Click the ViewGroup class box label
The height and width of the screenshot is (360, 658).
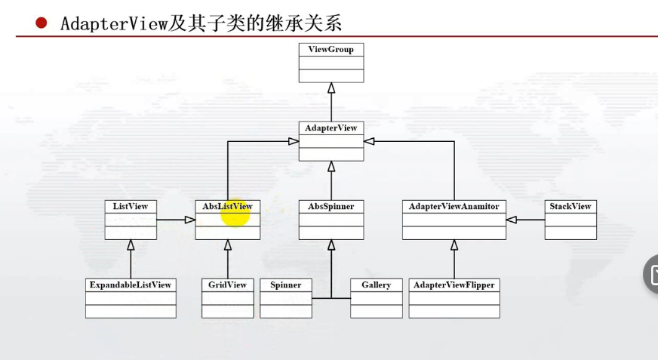331,49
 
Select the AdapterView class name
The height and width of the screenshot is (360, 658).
331,128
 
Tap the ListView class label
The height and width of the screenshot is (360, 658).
131,206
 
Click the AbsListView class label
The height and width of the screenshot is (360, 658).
227,206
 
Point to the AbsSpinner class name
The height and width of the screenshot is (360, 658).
331,206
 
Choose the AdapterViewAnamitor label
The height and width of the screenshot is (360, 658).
454,206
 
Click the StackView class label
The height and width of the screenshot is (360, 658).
570,206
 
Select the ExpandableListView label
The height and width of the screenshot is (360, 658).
131,285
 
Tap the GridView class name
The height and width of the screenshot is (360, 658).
227,285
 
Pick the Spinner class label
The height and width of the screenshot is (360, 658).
285,285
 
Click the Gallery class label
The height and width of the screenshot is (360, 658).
376,285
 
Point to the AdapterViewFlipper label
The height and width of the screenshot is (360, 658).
454,285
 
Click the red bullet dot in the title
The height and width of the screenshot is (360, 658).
42,23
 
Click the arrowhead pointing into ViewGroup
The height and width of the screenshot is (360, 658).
331,88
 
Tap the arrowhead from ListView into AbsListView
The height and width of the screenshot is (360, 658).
189,220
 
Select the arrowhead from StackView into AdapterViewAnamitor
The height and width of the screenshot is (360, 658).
512,220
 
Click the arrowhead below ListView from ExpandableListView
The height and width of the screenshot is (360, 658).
131,245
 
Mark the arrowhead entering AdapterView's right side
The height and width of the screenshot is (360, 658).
370,141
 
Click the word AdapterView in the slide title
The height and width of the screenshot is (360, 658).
113,23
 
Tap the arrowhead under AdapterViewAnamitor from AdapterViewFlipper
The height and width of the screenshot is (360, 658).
454,245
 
